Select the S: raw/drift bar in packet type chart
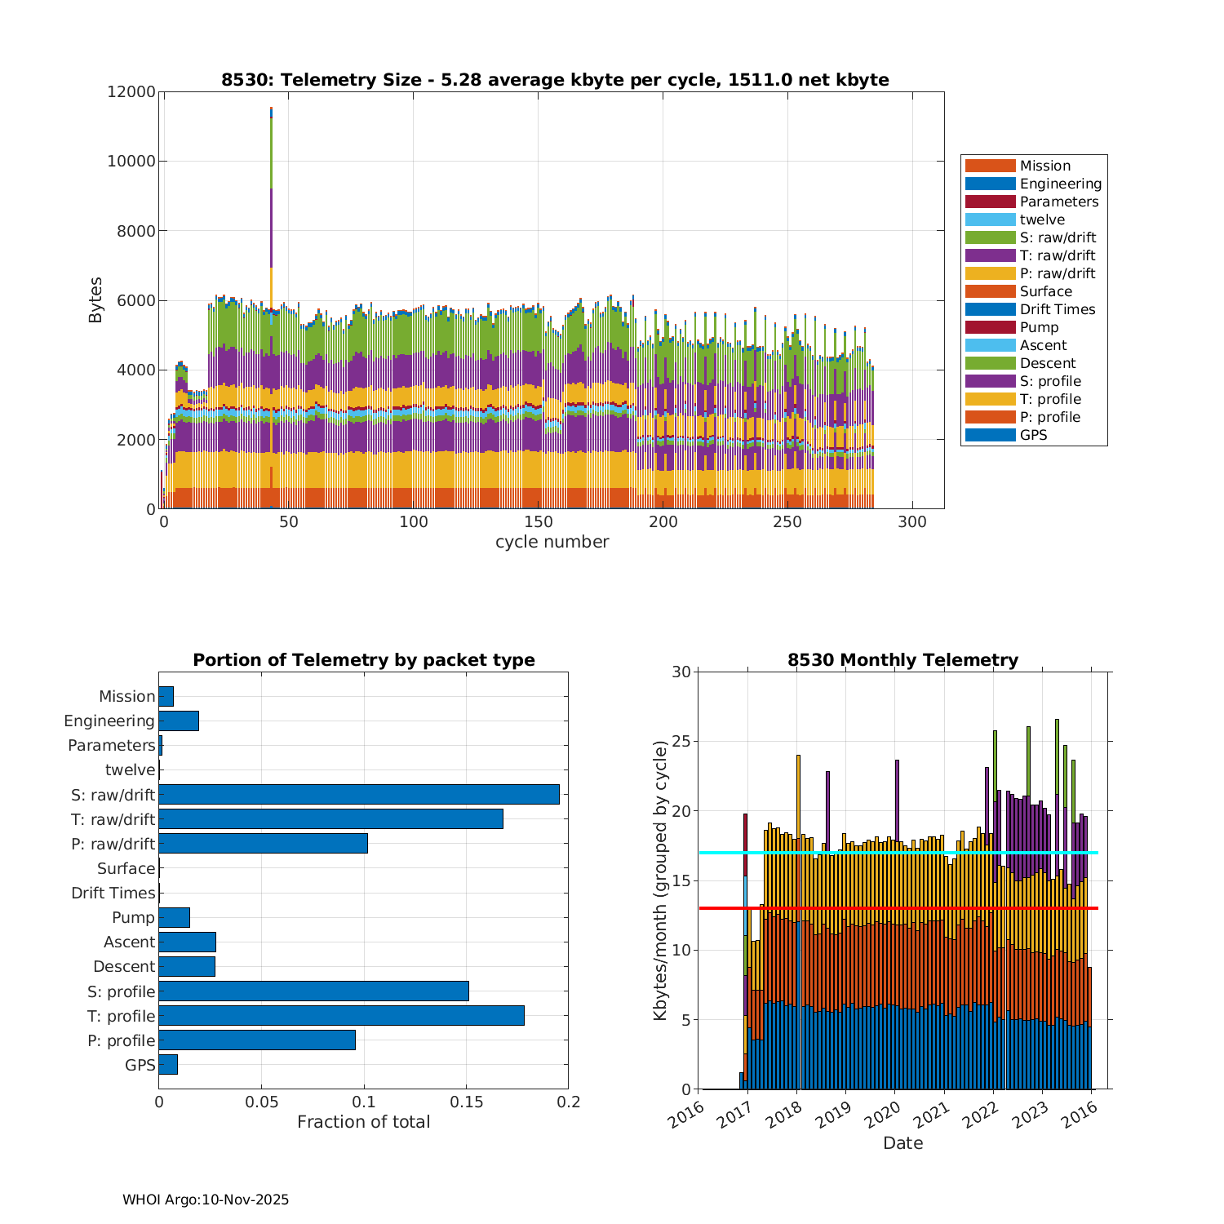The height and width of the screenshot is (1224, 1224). pyautogui.click(x=359, y=794)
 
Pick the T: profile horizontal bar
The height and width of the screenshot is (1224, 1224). pyautogui.click(x=341, y=1015)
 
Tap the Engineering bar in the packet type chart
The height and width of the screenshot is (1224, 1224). pyautogui.click(x=179, y=721)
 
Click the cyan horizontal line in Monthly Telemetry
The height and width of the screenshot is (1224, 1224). pyautogui.click(x=898, y=853)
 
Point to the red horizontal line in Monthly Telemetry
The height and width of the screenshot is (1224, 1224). pyautogui.click(x=898, y=907)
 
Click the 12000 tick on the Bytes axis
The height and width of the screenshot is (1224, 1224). pyautogui.click(x=131, y=92)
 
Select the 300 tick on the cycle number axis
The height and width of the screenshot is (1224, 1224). pyautogui.click(x=912, y=522)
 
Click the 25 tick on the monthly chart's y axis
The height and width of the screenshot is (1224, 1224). pyautogui.click(x=681, y=742)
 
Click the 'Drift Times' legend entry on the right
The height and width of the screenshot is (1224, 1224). pyautogui.click(x=1057, y=309)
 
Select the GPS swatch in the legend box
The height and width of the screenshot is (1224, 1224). pyautogui.click(x=990, y=435)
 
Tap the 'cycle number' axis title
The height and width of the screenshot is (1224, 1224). pyautogui.click(x=552, y=542)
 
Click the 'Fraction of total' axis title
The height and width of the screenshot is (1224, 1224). pyautogui.click(x=363, y=1122)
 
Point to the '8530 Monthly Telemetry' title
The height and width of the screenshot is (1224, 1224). pyautogui.click(x=902, y=660)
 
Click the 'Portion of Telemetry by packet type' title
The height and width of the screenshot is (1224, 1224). pyautogui.click(x=364, y=660)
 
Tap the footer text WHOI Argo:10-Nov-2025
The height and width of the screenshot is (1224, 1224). pyautogui.click(x=206, y=1200)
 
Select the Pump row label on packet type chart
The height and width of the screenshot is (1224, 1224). pyautogui.click(x=133, y=917)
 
